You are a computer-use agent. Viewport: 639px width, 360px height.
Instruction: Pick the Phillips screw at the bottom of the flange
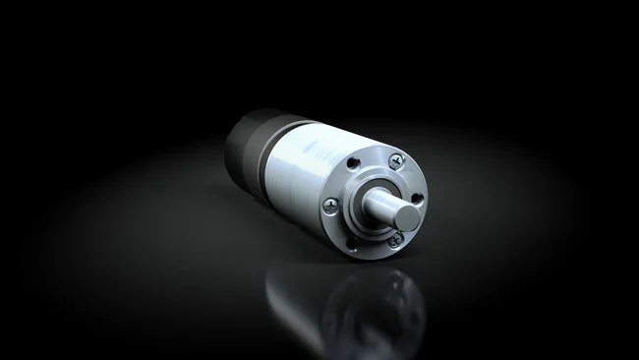click(x=394, y=240)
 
